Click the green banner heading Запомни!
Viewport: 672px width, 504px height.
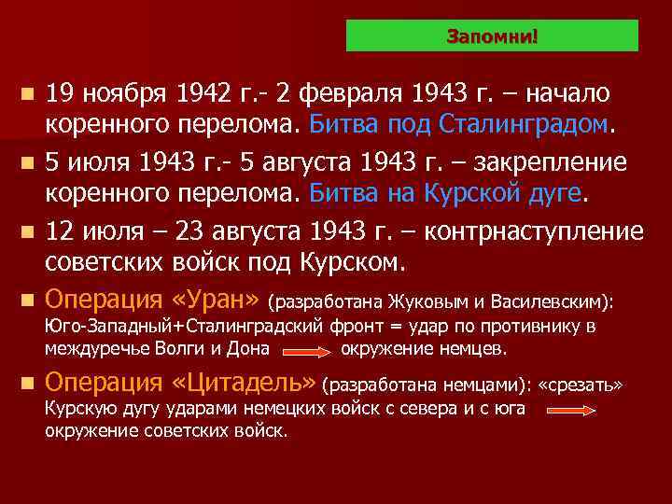[492, 36]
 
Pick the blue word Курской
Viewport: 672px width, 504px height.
[489, 192]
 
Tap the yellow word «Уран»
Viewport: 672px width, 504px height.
[217, 301]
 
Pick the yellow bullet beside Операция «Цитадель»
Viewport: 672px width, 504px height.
[28, 383]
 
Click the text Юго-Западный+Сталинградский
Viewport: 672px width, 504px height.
[184, 327]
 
